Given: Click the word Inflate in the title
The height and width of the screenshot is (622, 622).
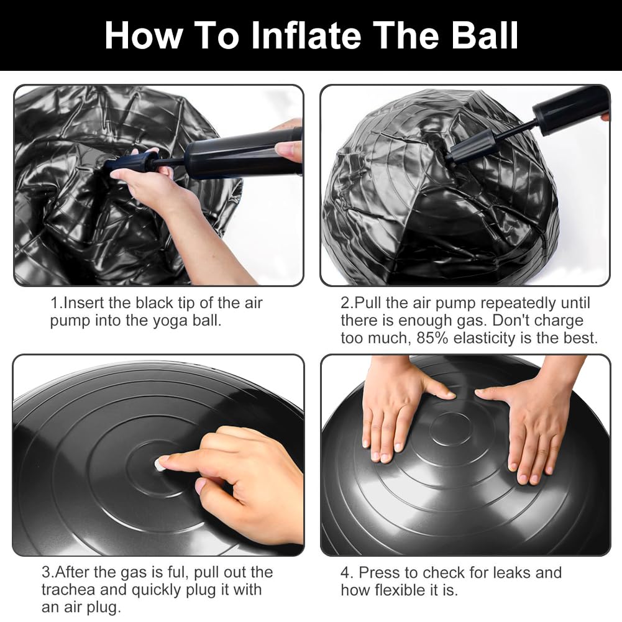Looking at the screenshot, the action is [306, 35].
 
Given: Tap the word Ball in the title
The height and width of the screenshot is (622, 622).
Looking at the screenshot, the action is [485, 35].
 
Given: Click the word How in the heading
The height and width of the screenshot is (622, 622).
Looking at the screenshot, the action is [143, 35].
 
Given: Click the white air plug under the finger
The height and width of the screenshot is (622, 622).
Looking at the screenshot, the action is [159, 464].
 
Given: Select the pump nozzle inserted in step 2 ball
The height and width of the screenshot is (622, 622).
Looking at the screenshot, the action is [472, 147].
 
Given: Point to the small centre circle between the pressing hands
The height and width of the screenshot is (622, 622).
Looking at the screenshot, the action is [450, 429].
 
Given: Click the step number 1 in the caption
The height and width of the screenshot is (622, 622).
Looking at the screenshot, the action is [55, 303].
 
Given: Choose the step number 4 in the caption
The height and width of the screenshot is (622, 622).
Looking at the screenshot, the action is [345, 573].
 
